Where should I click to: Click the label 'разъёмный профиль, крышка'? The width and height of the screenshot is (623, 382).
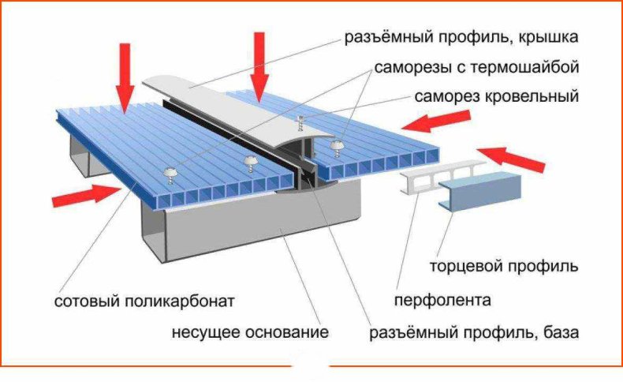pos(461,38)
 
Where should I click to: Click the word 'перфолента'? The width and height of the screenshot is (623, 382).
pos(442,301)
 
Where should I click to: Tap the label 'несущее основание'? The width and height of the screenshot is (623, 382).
pos(250,331)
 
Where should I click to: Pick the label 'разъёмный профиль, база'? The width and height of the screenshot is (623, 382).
pos(475,332)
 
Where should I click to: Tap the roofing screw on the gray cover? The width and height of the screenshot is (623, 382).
pos(300,122)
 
